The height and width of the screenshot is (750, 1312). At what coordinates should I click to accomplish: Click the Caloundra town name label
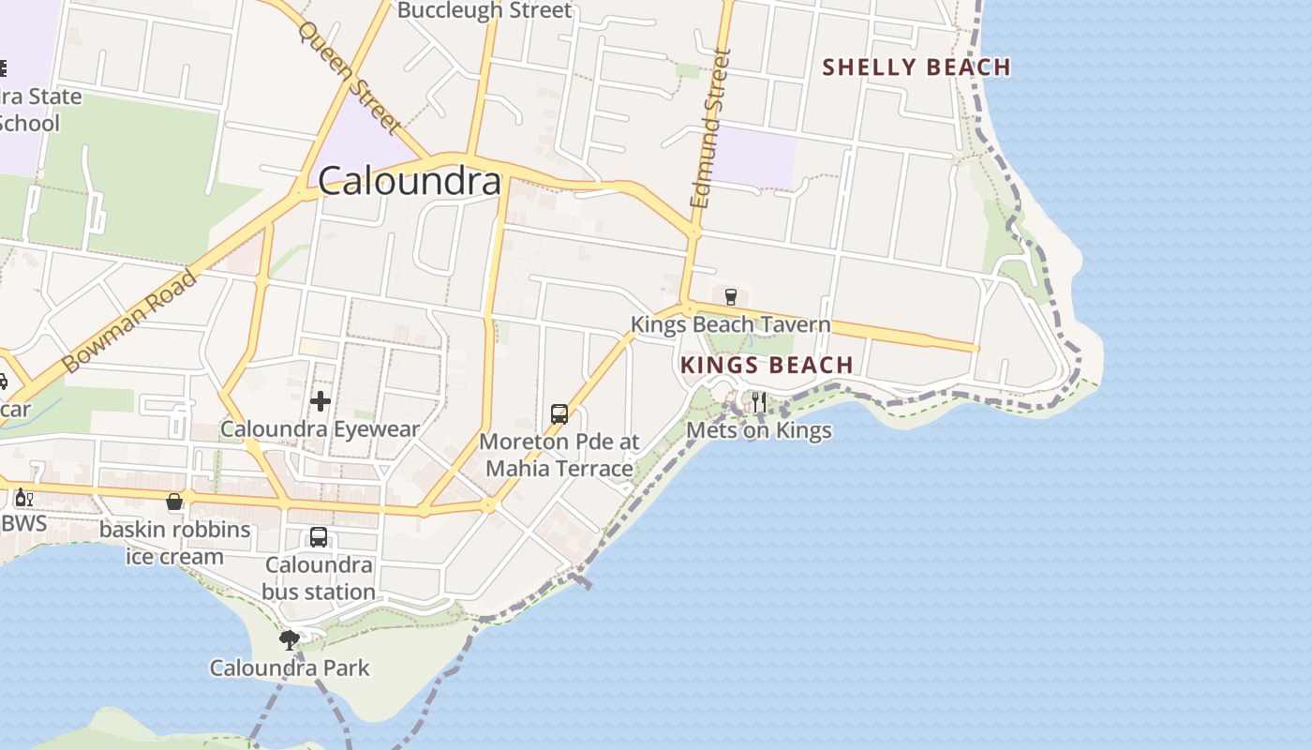point(410,181)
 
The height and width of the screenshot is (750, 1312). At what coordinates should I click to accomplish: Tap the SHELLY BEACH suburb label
point(916,67)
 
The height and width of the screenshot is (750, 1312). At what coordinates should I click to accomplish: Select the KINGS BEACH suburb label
point(767,365)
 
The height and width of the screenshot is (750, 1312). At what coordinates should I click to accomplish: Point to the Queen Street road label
point(348,78)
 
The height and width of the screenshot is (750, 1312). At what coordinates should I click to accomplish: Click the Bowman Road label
point(130,321)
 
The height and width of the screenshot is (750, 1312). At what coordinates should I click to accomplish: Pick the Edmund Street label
point(710,129)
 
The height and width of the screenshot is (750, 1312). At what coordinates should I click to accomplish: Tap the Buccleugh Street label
point(484,11)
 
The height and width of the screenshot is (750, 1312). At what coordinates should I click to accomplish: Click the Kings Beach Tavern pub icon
point(731,297)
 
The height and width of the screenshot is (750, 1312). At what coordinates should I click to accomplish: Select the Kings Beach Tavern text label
point(730,325)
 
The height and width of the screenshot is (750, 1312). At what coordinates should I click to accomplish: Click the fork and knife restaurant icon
point(759,402)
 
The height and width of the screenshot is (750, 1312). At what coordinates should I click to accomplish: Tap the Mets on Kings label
point(759,430)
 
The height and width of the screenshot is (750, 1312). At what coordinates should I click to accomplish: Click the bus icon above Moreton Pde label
point(559,413)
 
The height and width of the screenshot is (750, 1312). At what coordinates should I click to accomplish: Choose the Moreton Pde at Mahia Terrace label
point(559,455)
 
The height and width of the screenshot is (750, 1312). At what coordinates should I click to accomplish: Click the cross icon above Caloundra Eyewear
point(321,402)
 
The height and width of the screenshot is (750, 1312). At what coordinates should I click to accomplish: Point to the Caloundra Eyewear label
point(320,429)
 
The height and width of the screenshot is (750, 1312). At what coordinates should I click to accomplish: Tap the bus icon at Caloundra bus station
point(319,537)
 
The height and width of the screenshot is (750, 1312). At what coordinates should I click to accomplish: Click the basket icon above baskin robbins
point(174,502)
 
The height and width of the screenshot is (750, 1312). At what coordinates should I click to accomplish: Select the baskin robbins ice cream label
point(175,543)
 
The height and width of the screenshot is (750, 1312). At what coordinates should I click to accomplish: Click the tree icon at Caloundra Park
point(290,640)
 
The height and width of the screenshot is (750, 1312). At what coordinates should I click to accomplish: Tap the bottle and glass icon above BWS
point(23,497)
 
